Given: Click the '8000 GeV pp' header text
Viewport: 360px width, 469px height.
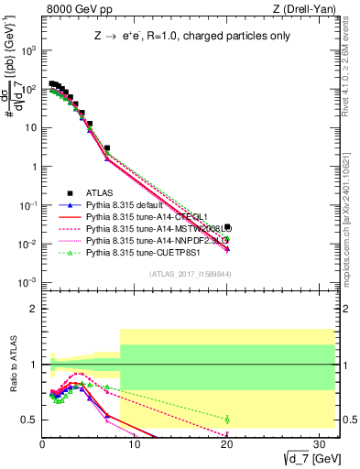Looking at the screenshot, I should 74,9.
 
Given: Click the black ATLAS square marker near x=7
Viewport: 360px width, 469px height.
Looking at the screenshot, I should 107,147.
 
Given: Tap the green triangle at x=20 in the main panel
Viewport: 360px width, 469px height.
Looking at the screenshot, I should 227,239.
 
